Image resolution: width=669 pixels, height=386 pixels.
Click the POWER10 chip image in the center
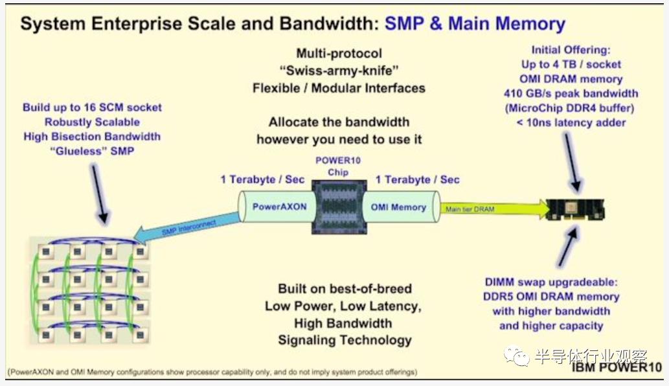(339, 207)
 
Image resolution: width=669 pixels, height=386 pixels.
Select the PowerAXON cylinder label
(280, 207)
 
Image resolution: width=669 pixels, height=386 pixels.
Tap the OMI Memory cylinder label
(398, 207)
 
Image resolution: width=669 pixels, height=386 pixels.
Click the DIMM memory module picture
(576, 209)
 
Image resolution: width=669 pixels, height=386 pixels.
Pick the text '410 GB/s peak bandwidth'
(571, 93)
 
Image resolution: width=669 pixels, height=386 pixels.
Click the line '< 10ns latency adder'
(571, 123)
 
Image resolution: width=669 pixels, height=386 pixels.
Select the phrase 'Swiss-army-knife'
(339, 71)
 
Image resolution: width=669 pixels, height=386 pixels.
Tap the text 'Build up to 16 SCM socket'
(92, 108)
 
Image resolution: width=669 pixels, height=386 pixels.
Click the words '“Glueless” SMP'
(92, 151)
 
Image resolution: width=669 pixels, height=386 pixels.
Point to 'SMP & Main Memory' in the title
(475, 23)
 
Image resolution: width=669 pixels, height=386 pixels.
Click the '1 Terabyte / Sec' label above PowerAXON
(262, 179)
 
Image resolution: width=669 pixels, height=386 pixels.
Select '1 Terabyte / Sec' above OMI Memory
(417, 179)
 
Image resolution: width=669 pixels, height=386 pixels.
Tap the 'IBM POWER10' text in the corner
(617, 367)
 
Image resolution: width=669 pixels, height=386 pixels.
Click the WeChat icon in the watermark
(517, 356)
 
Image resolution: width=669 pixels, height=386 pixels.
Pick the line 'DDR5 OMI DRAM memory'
(551, 297)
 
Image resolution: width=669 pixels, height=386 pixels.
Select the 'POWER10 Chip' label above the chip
(338, 166)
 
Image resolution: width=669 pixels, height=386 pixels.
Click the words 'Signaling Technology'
(345, 341)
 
